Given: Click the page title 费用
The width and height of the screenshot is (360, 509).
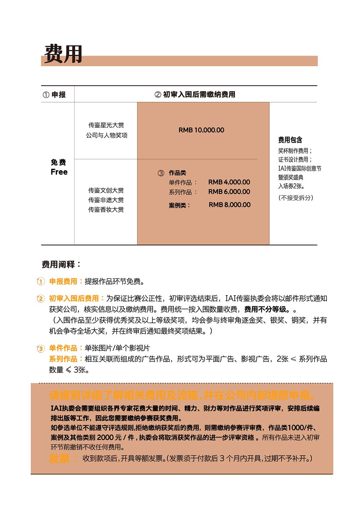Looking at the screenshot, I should tap(63, 54).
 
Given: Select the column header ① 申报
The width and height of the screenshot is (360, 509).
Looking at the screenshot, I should tap(54, 95).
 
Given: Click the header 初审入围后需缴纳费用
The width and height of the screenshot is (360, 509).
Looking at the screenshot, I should tap(195, 95).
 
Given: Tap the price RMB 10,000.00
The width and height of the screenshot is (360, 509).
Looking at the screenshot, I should tap(201, 130).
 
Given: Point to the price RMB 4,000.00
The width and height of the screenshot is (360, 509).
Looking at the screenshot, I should tap(229, 182).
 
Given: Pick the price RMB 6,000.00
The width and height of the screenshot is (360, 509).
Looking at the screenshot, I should tap(229, 192).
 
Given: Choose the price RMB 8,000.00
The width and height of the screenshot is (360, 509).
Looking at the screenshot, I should tap(229, 205).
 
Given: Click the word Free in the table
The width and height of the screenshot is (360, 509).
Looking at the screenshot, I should tap(59, 172).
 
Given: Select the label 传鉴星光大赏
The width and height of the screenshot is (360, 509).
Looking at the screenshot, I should tap(106, 125).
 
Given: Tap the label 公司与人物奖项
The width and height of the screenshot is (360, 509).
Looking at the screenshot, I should tap(107, 135).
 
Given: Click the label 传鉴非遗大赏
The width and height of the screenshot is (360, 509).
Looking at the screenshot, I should tap(106, 200).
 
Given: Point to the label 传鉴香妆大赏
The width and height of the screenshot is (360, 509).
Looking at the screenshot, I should tap(106, 210).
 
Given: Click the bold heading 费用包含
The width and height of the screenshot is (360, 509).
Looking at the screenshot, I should tap(290, 140).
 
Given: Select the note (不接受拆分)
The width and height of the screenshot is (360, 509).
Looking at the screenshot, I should tap(296, 198).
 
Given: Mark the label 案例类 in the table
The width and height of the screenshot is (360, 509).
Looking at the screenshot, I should tap(179, 205).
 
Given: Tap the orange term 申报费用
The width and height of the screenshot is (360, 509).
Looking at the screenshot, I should tap(63, 281).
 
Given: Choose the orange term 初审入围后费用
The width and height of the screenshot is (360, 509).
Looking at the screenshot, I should tap(74, 298).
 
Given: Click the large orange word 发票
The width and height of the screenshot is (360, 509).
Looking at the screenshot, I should tap(59, 459).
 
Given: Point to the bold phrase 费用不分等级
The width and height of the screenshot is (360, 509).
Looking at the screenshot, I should tap(267, 309).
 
